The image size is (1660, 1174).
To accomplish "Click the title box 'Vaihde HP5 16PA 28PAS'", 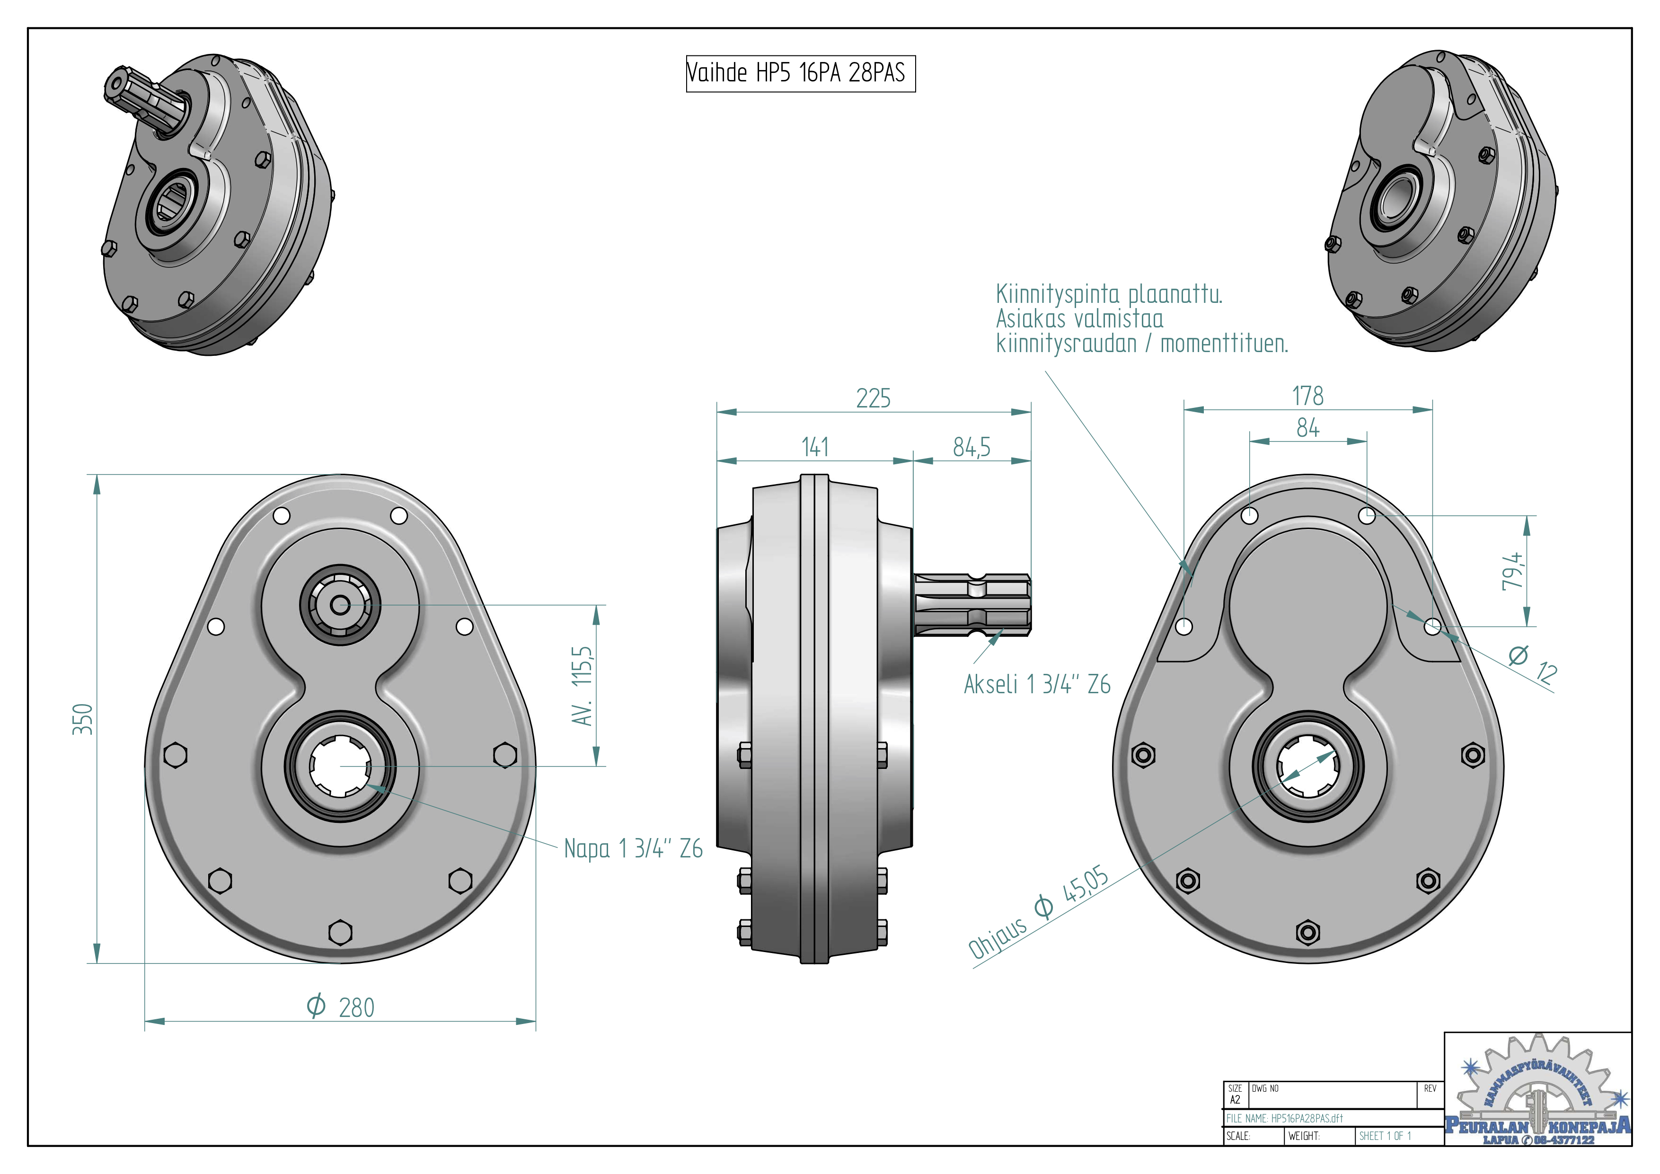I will click(x=800, y=73).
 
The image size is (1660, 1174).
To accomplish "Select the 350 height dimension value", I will click(x=83, y=719).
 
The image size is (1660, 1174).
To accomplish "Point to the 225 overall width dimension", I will click(x=874, y=398).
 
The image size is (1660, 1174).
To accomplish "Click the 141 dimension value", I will click(x=815, y=448).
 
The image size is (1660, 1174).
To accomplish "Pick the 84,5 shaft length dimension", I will click(x=971, y=448).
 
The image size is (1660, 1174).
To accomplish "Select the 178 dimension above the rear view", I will click(x=1307, y=396).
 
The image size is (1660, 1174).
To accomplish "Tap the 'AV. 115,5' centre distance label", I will click(x=582, y=685).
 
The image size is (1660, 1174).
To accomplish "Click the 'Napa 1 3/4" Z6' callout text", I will click(x=633, y=848).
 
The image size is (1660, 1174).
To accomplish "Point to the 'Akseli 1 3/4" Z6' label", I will click(x=1037, y=684).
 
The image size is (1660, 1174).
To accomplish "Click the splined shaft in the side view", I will click(x=972, y=606).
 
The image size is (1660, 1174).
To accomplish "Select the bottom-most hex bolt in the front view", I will click(x=340, y=933).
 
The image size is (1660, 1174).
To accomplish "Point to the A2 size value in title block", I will click(x=1235, y=1100).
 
